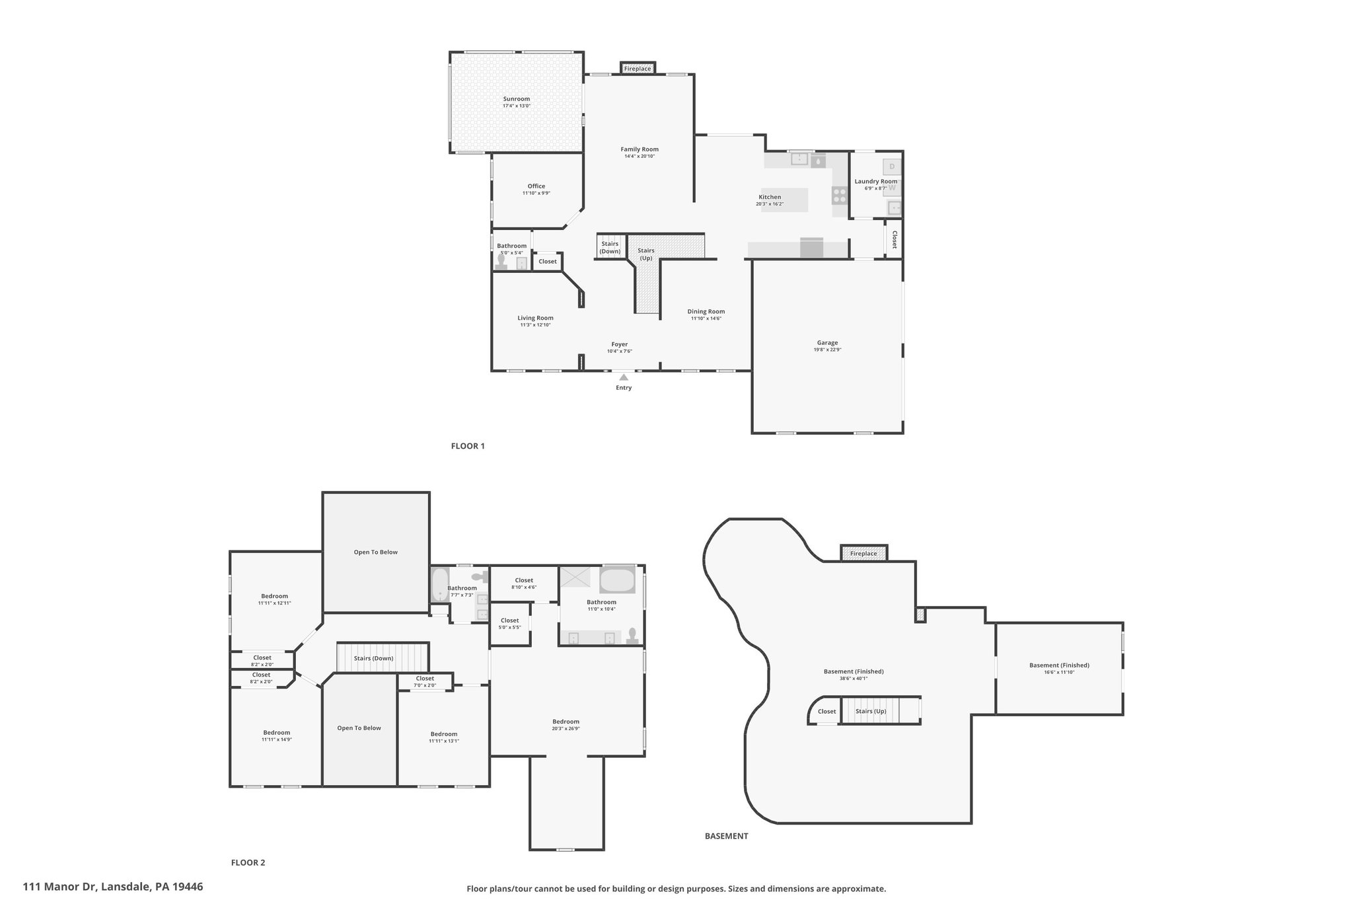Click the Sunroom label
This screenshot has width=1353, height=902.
[x=517, y=99]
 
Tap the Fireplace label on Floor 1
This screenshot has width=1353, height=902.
[x=638, y=69]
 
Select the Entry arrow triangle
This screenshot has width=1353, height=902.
[x=624, y=377]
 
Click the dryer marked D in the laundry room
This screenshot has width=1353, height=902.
[x=892, y=167]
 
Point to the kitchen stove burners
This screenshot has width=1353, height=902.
[x=840, y=195]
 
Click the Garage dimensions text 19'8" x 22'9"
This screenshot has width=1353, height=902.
[x=827, y=350]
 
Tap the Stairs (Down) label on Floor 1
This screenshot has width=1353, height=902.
[x=610, y=248]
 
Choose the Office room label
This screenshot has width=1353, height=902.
[x=536, y=186]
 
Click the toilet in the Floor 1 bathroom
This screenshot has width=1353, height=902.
[x=501, y=262]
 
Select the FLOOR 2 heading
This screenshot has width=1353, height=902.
[x=248, y=862]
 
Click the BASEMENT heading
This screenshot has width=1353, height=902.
[x=727, y=836]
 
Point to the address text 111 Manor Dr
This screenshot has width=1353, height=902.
[x=61, y=887]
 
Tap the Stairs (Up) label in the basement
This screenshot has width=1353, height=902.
[x=871, y=711]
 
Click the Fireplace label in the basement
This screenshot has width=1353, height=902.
[x=863, y=554]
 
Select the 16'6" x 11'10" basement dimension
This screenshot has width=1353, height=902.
[x=1059, y=672]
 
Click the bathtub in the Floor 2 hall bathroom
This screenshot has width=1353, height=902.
[x=439, y=585]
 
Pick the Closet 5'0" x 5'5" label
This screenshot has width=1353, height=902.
[x=509, y=623]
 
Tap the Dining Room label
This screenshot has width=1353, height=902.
[x=706, y=311]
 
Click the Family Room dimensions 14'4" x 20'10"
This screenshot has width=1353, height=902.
[x=640, y=157]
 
